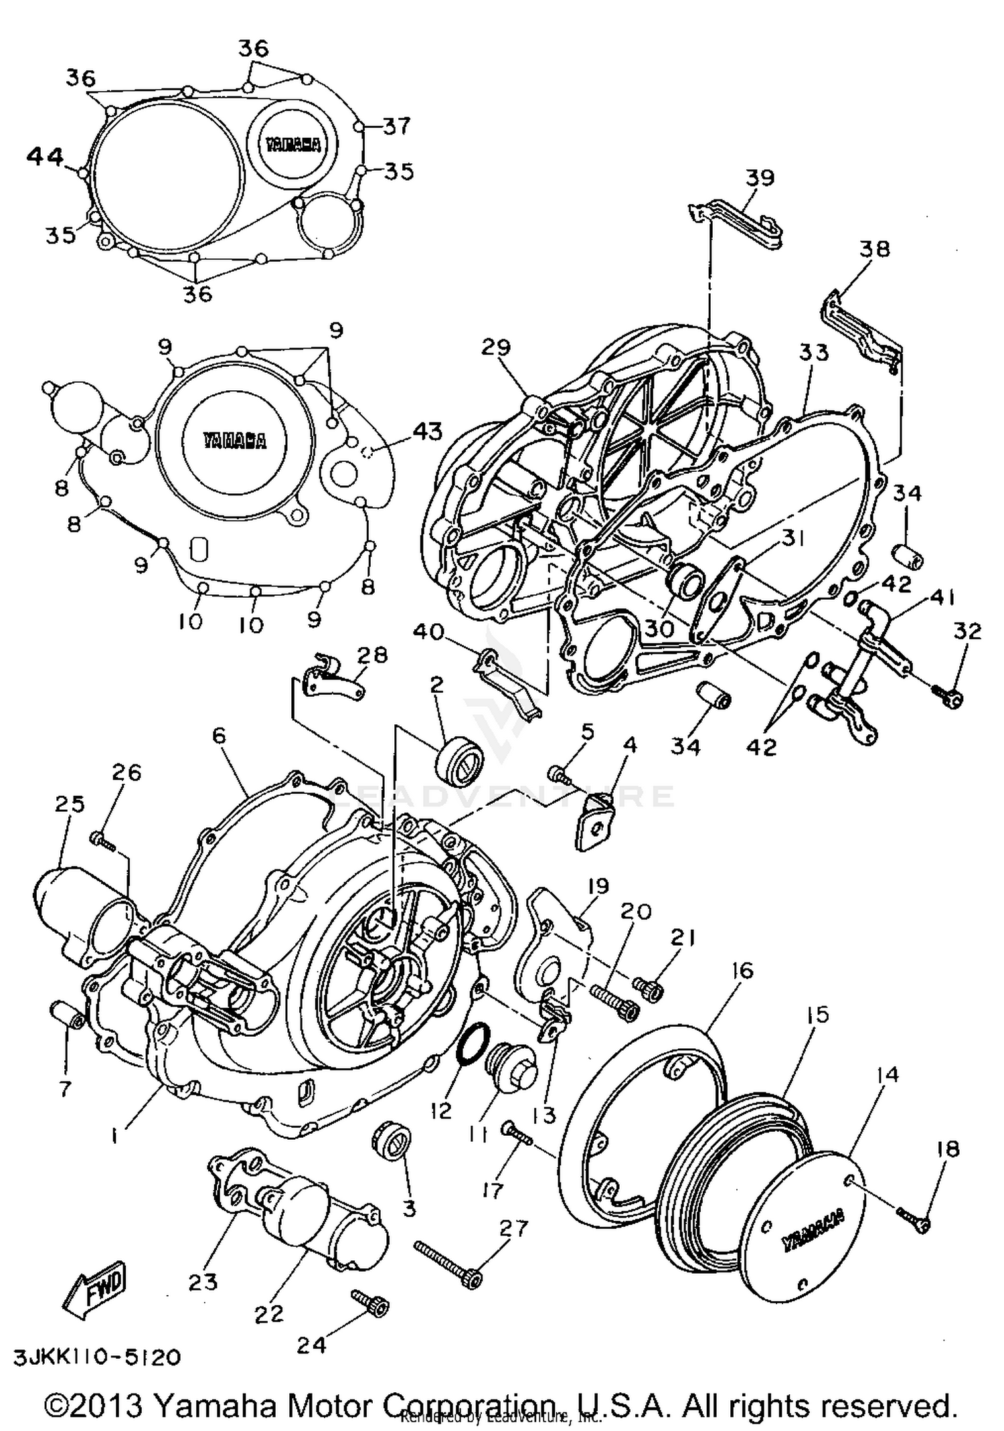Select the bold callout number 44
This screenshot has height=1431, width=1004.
coord(46,157)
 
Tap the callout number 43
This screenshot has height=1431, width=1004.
coord(427,432)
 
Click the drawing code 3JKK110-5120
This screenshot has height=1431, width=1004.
coord(96,1357)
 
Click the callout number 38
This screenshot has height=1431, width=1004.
coord(874,248)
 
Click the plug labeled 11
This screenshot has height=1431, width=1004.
coord(512,1071)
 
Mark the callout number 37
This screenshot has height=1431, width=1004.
coord(396,125)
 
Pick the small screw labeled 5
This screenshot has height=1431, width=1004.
coord(558,775)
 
